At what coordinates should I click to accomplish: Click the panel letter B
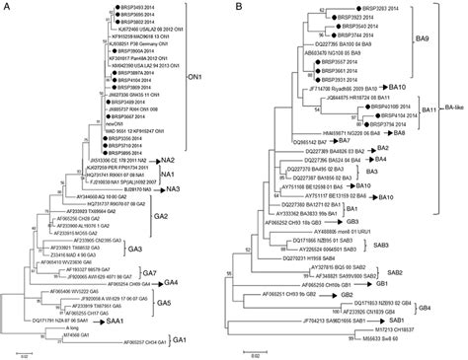point(242,7)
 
